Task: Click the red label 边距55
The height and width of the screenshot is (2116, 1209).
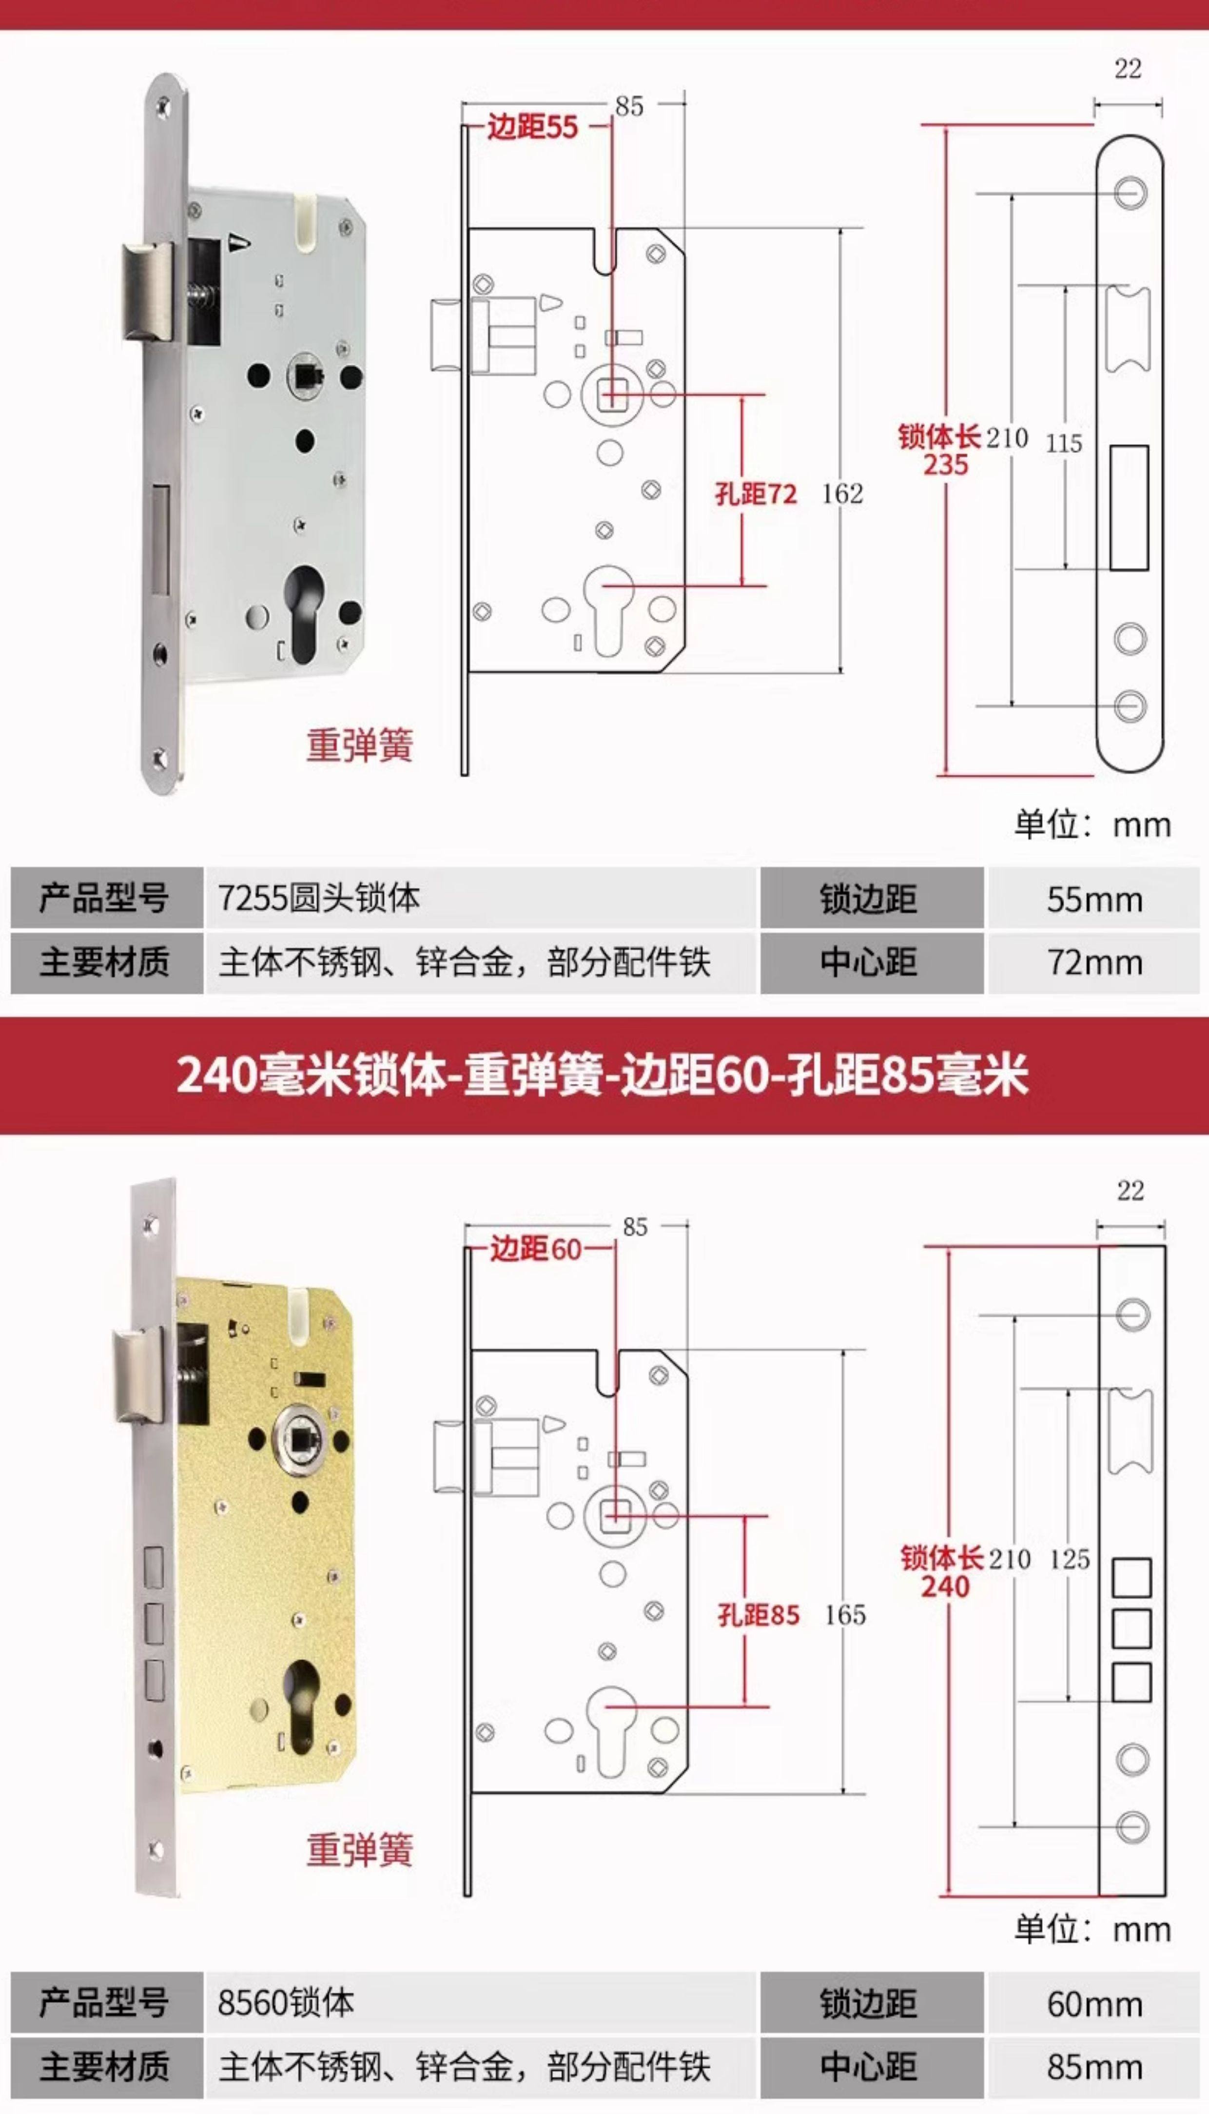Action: pyautogui.click(x=532, y=127)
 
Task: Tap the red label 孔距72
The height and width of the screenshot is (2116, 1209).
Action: pyautogui.click(x=756, y=494)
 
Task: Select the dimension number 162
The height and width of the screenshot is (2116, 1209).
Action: pyautogui.click(x=842, y=494)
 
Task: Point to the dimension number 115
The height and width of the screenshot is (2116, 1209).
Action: pyautogui.click(x=1064, y=444)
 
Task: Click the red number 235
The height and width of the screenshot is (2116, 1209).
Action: pyautogui.click(x=946, y=465)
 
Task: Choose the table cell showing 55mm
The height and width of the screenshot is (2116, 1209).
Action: pyautogui.click(x=1093, y=900)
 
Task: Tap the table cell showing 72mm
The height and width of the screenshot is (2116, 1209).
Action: pyautogui.click(x=1093, y=962)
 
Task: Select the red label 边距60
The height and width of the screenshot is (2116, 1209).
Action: pyautogui.click(x=536, y=1249)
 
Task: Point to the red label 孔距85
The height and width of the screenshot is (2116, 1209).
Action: pyautogui.click(x=758, y=1615)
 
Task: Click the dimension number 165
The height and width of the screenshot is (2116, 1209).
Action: pyautogui.click(x=844, y=1615)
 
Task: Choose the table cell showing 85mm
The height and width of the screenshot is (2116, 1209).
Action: pyautogui.click(x=1093, y=2067)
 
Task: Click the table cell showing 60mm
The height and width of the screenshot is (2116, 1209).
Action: pyautogui.click(x=1093, y=2004)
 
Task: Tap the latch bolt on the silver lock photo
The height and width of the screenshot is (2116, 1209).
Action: pyautogui.click(x=148, y=293)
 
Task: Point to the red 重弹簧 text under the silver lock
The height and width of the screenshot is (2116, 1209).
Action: pyautogui.click(x=360, y=745)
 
